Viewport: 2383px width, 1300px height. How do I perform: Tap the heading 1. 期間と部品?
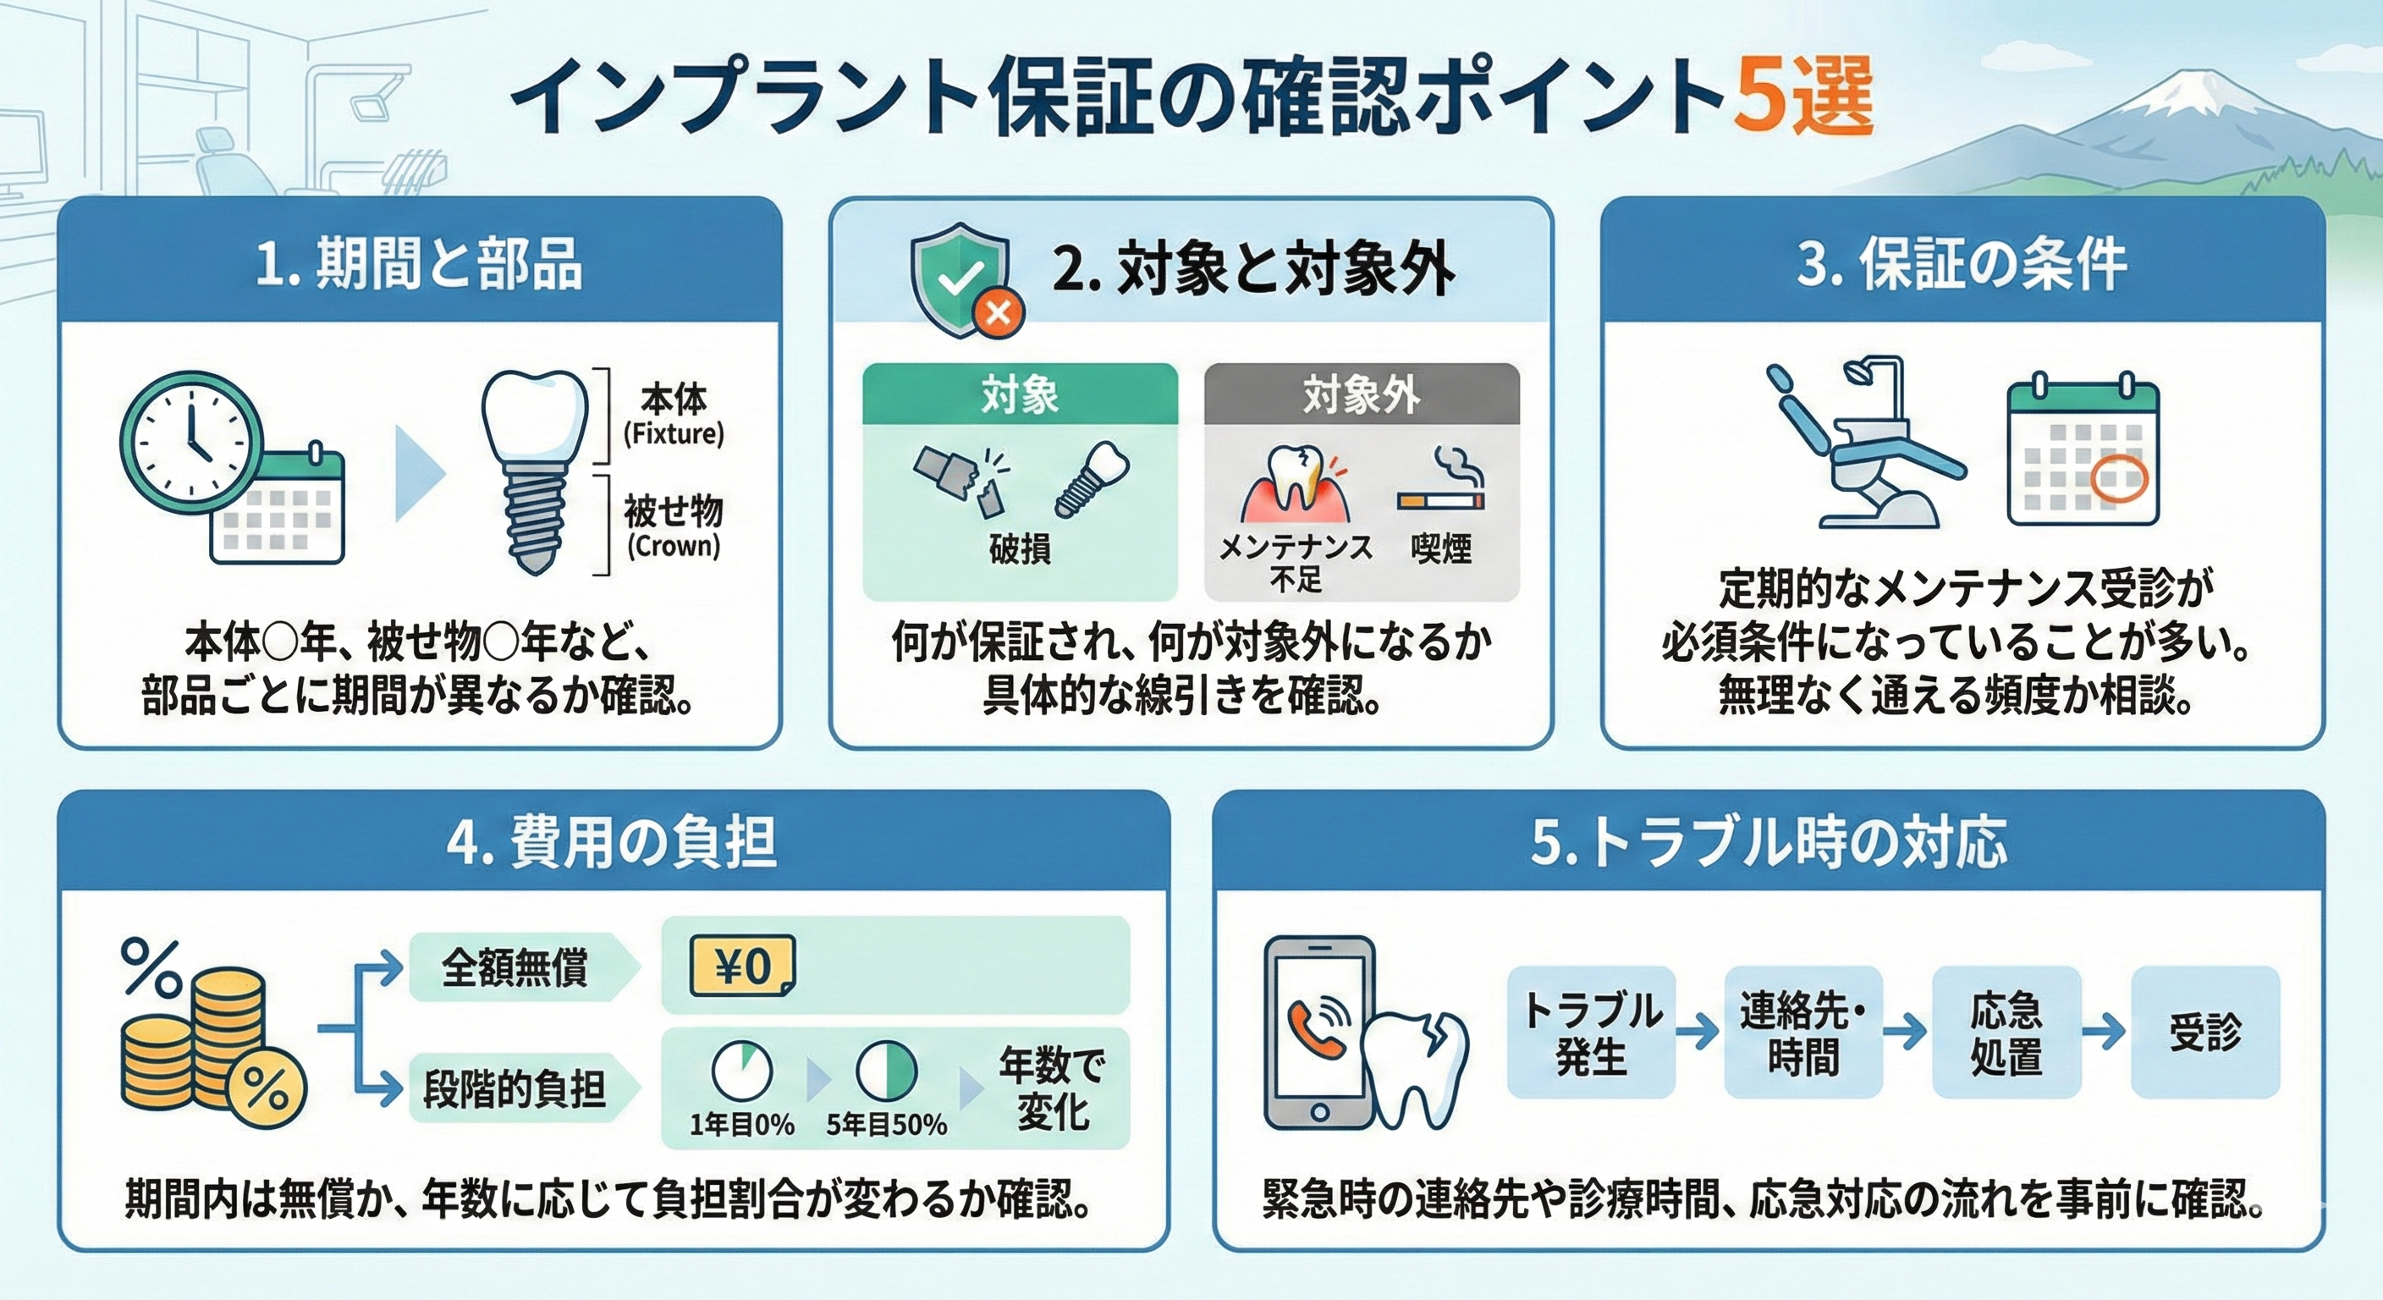419,265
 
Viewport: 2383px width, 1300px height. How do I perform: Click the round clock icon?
191,441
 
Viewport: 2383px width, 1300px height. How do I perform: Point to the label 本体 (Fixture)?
674,416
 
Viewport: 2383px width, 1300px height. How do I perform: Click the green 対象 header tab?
1021,394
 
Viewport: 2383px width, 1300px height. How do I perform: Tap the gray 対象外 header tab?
1362,394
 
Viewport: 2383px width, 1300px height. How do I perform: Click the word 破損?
1020,548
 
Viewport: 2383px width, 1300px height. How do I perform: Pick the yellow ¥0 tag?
743,967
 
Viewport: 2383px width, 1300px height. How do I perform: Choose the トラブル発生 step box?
1591,1033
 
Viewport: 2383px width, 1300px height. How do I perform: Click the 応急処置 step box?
2006,1033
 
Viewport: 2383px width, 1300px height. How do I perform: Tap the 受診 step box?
2205,1033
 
